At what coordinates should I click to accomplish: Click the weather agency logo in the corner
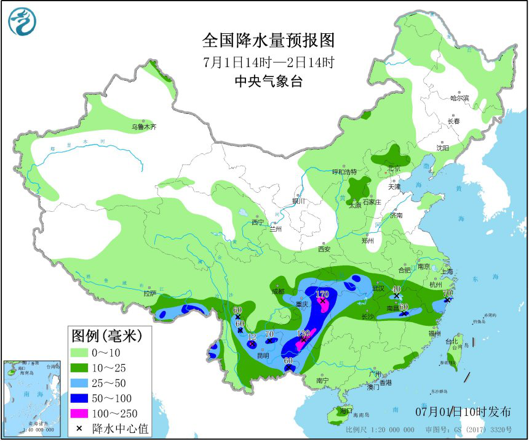click(x=22, y=22)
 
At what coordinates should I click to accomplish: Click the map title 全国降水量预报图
click(x=269, y=41)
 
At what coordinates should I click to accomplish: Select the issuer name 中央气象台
click(x=269, y=81)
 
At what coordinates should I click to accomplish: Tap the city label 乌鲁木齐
click(x=143, y=127)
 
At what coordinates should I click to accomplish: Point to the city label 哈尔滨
click(x=459, y=98)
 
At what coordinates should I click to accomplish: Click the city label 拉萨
click(x=150, y=294)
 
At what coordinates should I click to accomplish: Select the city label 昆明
click(x=263, y=355)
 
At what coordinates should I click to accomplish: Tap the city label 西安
click(x=324, y=249)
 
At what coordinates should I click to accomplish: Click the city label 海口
click(x=346, y=410)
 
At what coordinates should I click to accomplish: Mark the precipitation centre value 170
click(x=322, y=294)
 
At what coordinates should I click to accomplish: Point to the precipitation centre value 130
click(x=303, y=333)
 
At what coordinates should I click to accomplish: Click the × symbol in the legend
click(x=79, y=428)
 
